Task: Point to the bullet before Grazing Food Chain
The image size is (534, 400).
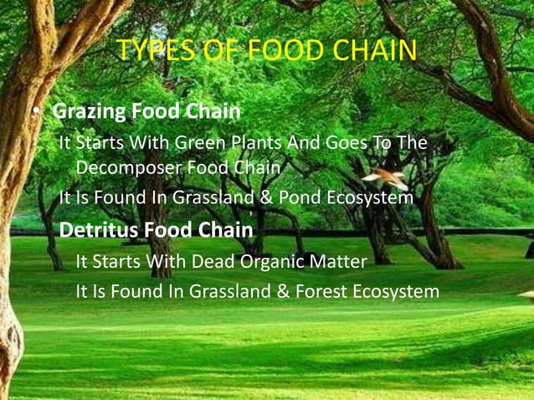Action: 37,112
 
